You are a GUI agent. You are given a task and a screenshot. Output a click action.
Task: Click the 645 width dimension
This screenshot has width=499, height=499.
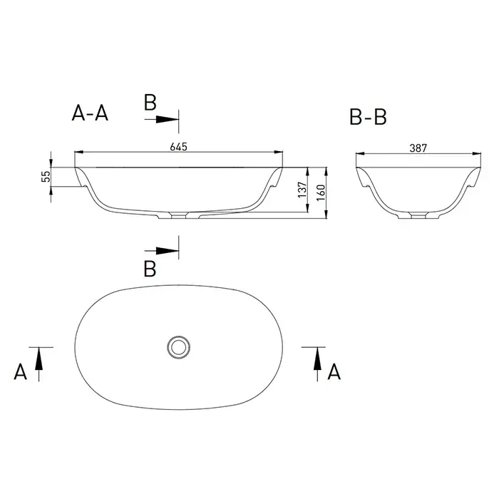click(178, 147)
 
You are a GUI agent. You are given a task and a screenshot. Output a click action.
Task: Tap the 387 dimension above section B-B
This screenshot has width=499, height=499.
click(418, 148)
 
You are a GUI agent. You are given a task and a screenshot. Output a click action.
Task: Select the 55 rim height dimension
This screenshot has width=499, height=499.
click(46, 176)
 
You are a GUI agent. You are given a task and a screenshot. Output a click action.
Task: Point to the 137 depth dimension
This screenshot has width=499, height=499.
click(302, 190)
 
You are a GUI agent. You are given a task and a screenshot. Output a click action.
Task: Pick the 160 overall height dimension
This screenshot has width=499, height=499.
click(321, 192)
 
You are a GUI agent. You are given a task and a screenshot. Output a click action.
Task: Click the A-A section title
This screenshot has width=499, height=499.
click(90, 113)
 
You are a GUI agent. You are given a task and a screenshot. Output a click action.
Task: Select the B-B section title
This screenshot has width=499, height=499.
click(368, 117)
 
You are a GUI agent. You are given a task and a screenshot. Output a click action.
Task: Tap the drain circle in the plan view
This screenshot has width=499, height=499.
click(178, 347)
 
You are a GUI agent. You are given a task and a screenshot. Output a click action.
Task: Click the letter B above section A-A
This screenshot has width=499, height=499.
click(150, 103)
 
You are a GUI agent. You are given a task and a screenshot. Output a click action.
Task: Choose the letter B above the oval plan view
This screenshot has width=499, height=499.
click(150, 269)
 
